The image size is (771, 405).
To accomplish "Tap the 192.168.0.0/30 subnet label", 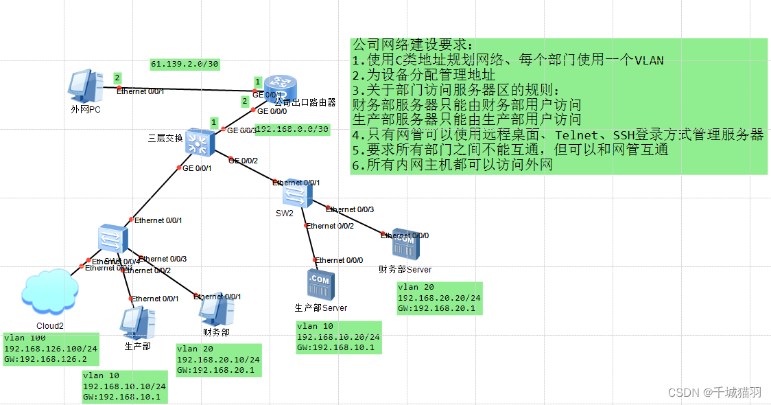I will tap(292, 130).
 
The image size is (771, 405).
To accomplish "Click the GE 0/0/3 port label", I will tap(241, 130).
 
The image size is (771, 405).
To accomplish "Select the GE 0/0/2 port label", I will tap(244, 161).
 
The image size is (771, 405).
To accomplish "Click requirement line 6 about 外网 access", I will tap(452, 165).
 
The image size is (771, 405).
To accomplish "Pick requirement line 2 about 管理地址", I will tap(423, 76).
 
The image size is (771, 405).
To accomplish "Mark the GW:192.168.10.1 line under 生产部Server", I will tap(335, 347).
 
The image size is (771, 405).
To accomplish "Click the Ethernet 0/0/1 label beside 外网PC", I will tap(140, 91).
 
